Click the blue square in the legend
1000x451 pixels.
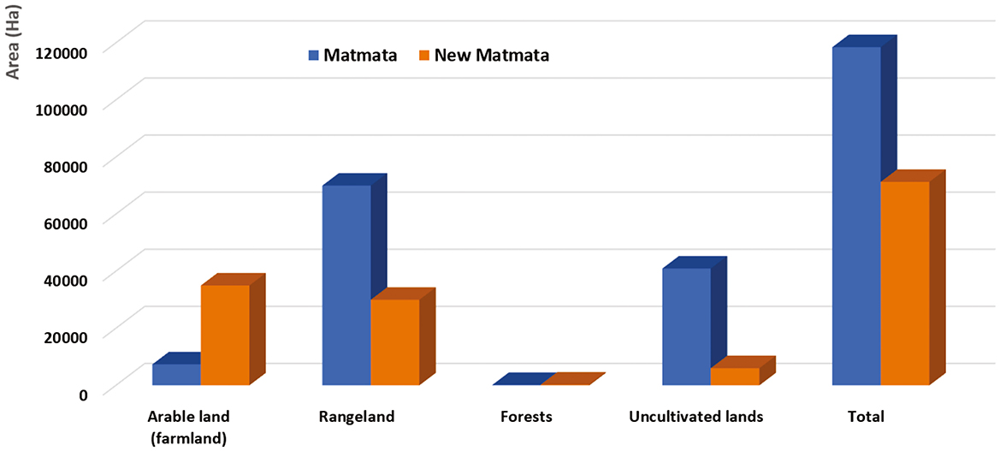point(312,56)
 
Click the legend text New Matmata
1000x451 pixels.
point(492,56)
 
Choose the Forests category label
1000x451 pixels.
point(526,418)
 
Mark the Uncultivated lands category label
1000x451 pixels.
point(695,418)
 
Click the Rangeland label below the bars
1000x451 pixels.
point(357,418)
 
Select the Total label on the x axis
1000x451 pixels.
point(866,418)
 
